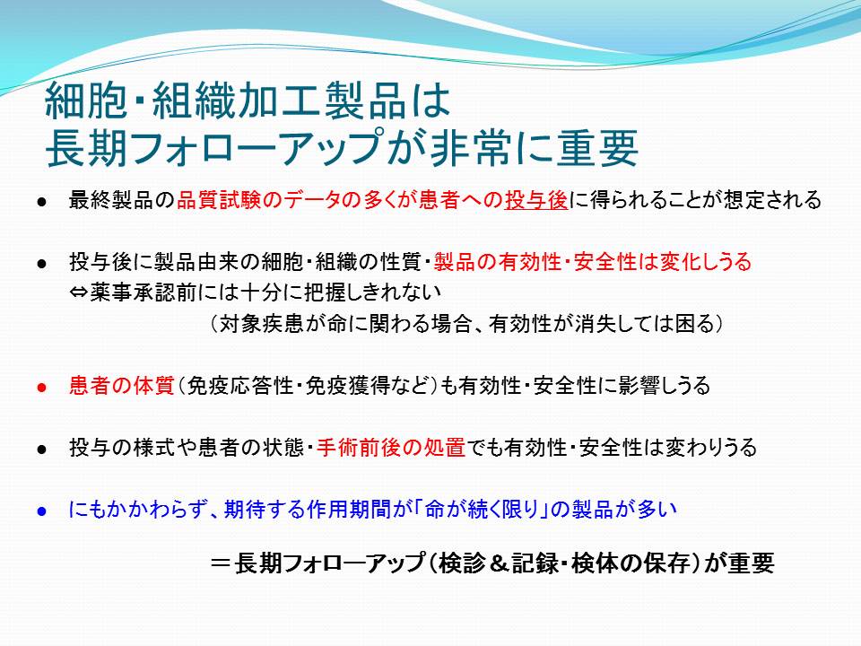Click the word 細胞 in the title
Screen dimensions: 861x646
tap(85, 100)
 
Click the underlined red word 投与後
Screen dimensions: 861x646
tap(536, 200)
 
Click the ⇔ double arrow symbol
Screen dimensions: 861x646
tap(80, 292)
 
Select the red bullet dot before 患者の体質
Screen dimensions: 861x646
tap(42, 388)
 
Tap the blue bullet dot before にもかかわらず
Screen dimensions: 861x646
tap(42, 511)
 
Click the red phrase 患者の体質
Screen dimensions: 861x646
tap(121, 386)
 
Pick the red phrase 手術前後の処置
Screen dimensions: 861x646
tap(391, 448)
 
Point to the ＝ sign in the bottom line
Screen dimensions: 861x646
tap(221, 563)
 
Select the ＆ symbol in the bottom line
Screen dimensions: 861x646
tap(500, 563)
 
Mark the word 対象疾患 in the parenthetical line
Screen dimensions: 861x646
tap(261, 324)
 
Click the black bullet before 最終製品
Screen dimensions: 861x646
tap(42, 202)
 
